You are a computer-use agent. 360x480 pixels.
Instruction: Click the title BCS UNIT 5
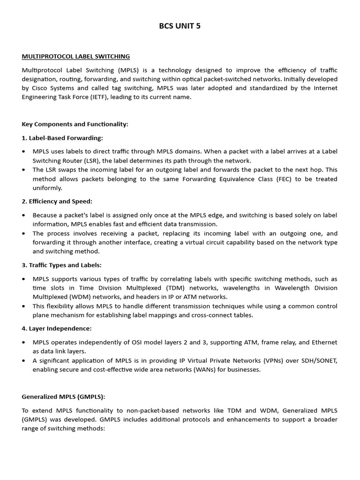(x=180, y=26)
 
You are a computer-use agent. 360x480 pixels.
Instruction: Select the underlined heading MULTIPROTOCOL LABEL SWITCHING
(x=76, y=56)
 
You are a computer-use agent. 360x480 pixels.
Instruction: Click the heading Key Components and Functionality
(x=75, y=124)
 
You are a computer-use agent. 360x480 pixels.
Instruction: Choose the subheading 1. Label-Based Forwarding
(x=62, y=138)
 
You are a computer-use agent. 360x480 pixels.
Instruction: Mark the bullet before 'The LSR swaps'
(x=24, y=170)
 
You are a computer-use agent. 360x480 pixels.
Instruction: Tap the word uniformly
(x=47, y=187)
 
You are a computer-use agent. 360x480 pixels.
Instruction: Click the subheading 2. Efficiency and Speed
(x=57, y=201)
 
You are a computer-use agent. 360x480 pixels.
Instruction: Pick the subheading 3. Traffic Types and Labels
(x=61, y=265)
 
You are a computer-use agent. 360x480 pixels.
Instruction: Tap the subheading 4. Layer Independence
(x=57, y=328)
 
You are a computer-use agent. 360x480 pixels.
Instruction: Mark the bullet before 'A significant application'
(x=24, y=360)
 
